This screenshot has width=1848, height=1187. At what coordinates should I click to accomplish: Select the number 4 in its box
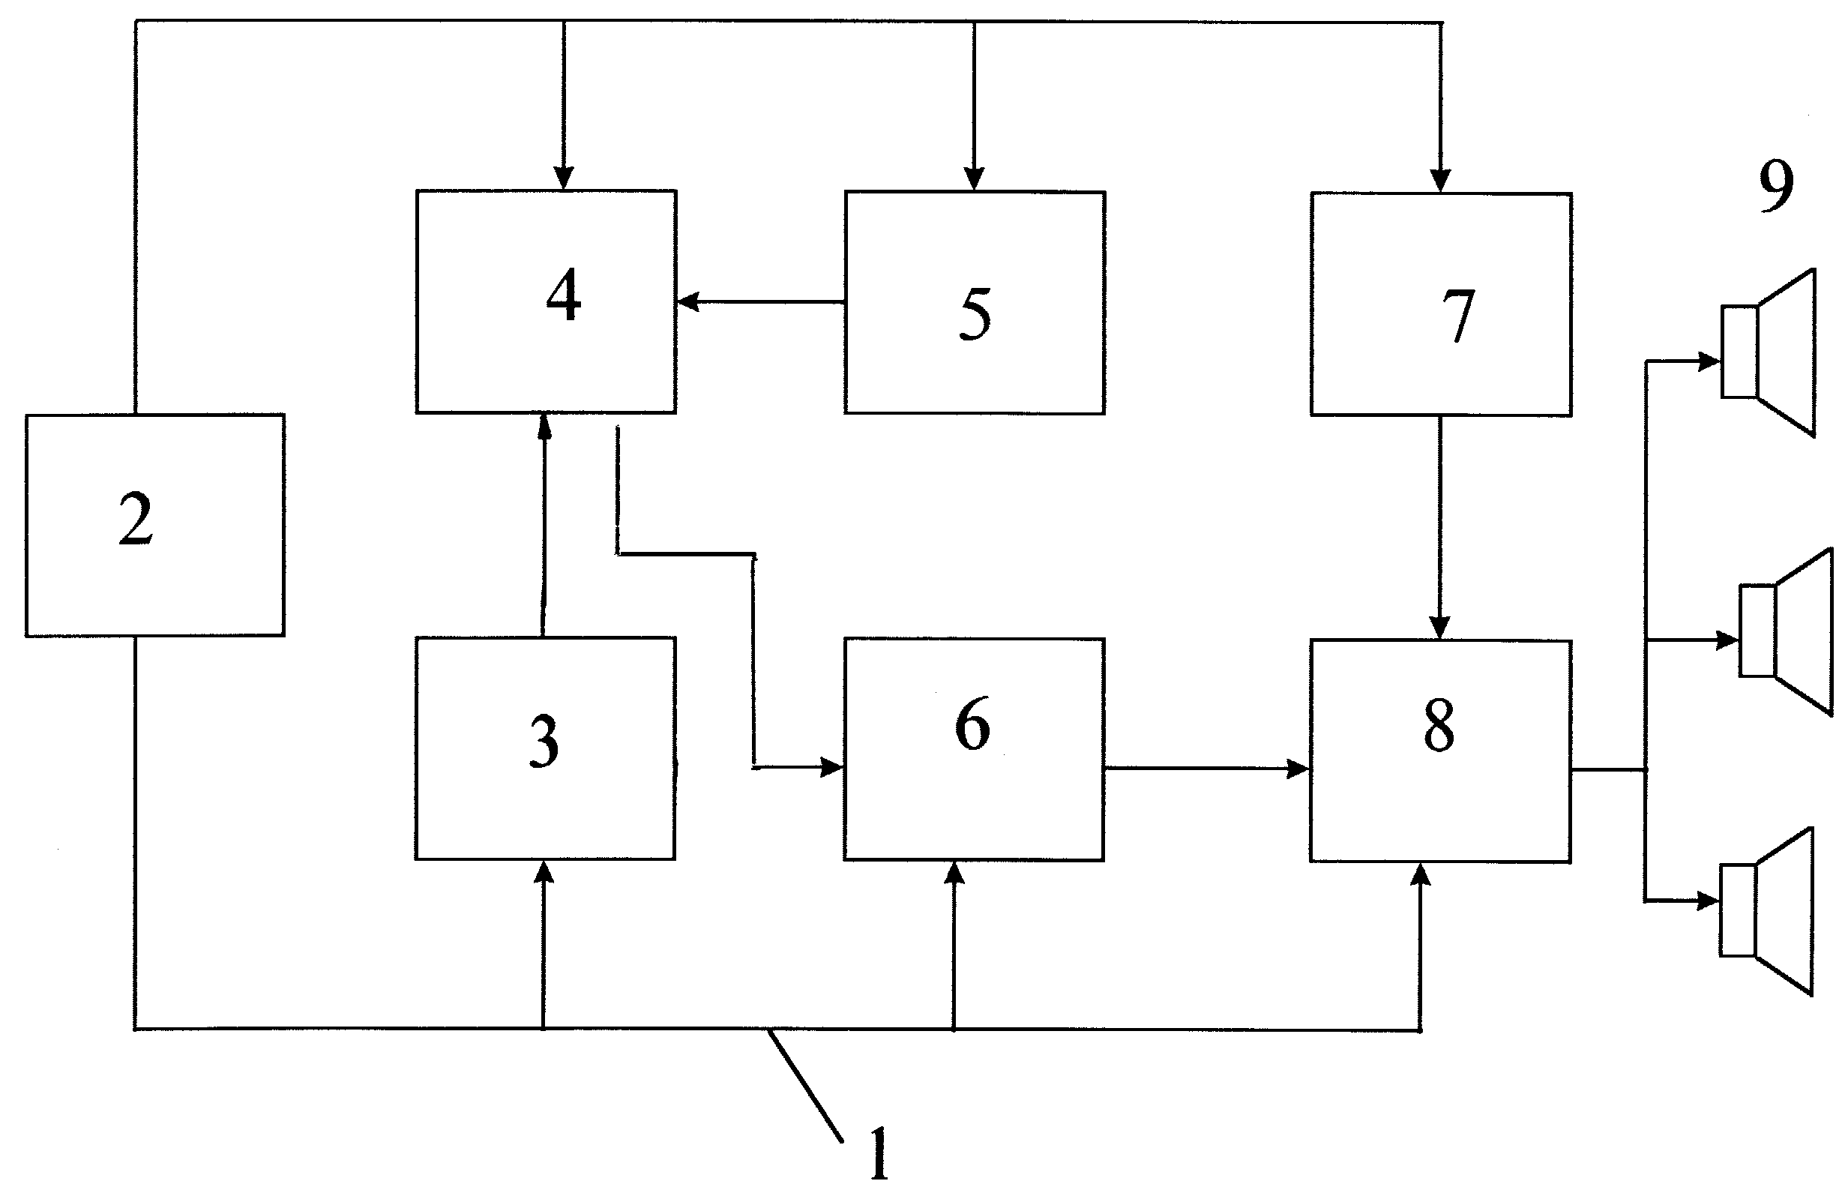(563, 295)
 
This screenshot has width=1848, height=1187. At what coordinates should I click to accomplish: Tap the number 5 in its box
(975, 313)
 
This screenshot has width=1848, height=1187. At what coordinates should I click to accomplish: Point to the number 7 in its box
(1458, 315)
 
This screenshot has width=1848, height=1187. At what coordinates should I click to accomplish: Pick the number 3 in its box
(544, 741)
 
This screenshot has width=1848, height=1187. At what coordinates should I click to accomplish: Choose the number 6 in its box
(972, 724)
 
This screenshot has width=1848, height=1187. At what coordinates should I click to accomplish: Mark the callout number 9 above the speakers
(1775, 187)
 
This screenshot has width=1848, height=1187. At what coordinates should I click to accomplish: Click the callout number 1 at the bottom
(879, 1153)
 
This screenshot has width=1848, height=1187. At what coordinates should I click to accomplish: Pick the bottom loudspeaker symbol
(1767, 911)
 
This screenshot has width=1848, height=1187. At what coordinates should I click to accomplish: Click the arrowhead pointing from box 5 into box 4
(687, 301)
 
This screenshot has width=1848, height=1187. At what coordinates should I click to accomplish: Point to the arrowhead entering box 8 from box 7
(1439, 628)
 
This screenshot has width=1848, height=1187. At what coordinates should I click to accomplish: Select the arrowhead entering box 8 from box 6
(1299, 769)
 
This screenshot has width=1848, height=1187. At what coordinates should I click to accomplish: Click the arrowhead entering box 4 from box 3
(545, 425)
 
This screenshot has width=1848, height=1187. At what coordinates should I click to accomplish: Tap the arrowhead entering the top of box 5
(974, 178)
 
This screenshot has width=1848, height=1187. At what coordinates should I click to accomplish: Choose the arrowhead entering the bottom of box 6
(954, 873)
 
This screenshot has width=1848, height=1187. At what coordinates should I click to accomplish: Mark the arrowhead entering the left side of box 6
(833, 767)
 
